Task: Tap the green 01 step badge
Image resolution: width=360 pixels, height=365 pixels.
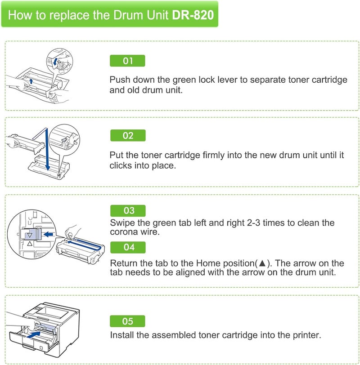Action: [128, 61]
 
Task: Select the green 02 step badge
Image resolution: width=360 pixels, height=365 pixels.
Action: [128, 135]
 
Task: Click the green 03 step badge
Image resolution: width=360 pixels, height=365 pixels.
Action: [128, 210]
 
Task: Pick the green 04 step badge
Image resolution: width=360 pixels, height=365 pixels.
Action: [128, 247]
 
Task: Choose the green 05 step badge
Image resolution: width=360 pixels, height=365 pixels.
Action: [128, 321]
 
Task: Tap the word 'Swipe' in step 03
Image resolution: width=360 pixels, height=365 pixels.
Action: [121, 223]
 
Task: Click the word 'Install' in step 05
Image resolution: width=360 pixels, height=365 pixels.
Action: [122, 335]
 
